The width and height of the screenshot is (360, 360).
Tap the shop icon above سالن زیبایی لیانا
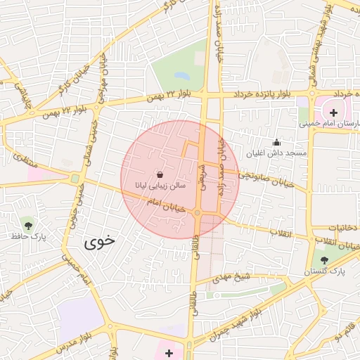click(x=160, y=174)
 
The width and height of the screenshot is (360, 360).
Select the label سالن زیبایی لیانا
click(x=160, y=185)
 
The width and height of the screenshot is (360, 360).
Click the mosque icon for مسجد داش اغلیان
click(x=276, y=143)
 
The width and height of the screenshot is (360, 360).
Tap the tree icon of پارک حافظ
click(x=28, y=226)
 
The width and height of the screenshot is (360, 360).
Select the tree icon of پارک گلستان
click(x=324, y=260)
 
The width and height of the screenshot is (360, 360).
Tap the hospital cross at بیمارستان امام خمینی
click(x=333, y=112)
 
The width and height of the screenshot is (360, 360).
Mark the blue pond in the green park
click(x=182, y=75)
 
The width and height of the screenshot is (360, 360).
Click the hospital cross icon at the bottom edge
click(x=169, y=352)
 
